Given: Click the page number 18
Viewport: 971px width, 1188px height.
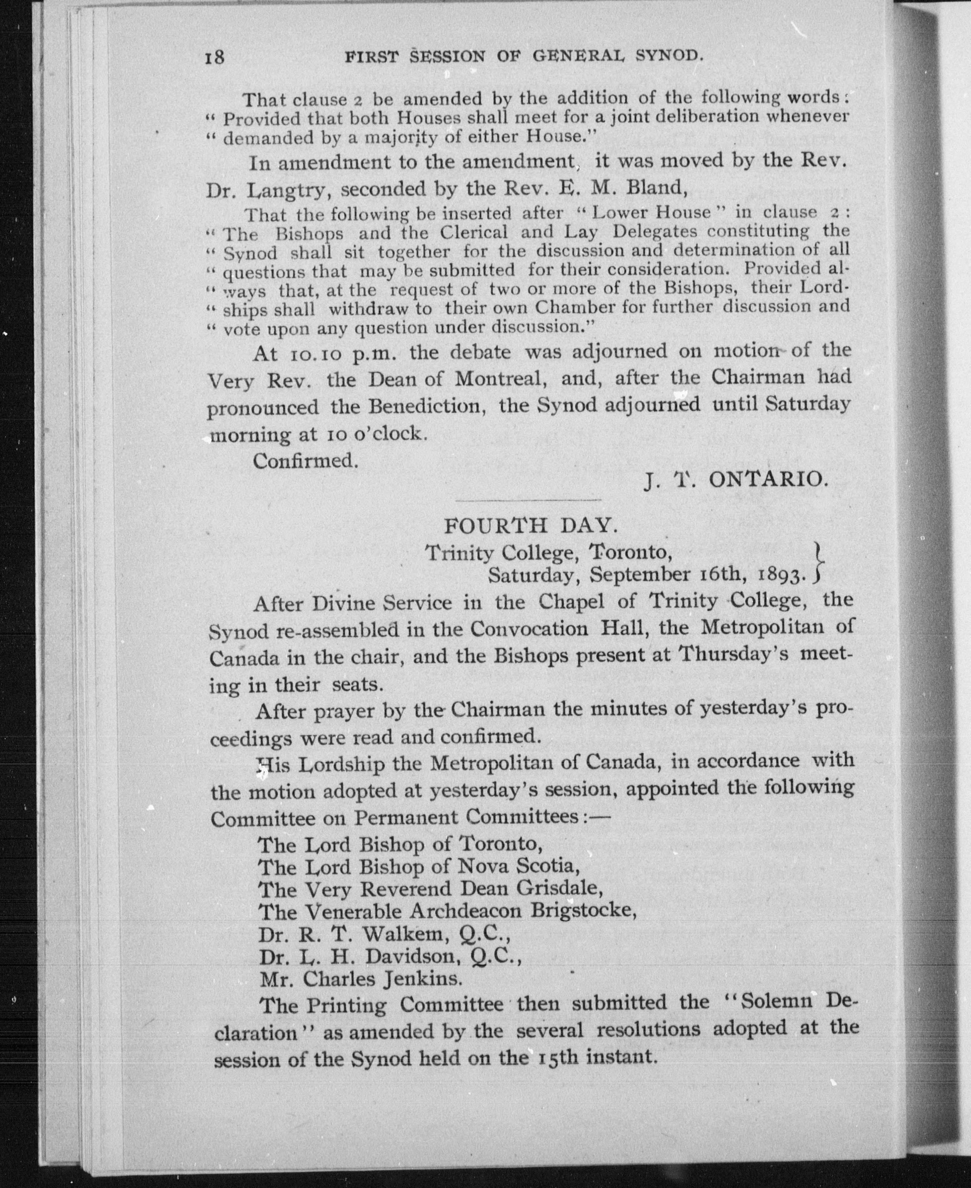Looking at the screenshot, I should pyautogui.click(x=215, y=57).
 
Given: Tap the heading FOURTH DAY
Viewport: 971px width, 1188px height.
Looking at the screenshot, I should pyautogui.click(x=531, y=526).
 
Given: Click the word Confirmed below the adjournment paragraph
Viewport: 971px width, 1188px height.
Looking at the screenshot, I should pyautogui.click(x=305, y=461).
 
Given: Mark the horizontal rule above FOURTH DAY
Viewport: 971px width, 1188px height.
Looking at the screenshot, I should pyautogui.click(x=529, y=499).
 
